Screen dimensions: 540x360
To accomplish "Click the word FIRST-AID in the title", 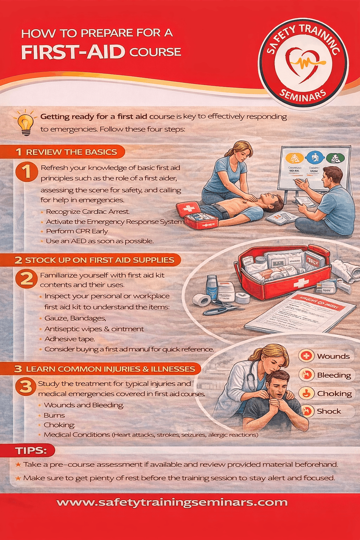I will click(73, 52).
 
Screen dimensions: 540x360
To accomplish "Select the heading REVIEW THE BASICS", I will click(71, 152).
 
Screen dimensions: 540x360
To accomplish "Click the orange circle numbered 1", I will click(26, 172).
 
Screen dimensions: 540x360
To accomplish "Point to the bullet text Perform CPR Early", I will click(77, 231).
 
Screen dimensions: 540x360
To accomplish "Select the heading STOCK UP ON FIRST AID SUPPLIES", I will click(99, 260).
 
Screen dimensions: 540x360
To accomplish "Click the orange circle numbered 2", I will click(26, 279).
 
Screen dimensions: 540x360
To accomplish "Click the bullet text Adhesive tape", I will click(70, 339).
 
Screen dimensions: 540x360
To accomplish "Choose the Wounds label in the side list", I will click(333, 356).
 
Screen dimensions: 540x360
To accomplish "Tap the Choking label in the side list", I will click(334, 393).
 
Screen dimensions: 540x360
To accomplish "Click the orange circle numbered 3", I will click(26, 386).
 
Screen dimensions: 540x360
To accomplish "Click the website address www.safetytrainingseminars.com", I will click(172, 502).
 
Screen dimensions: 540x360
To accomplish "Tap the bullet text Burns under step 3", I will click(54, 415).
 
